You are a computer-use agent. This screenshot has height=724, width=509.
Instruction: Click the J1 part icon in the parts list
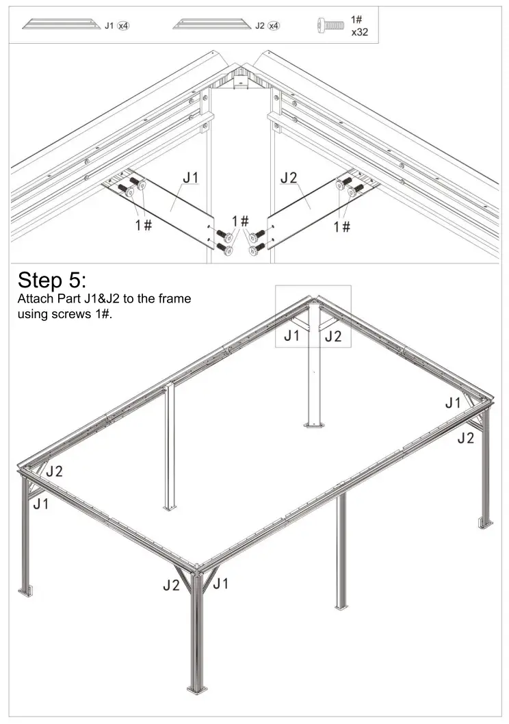(60, 25)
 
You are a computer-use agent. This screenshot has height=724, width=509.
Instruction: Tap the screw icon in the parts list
(330, 25)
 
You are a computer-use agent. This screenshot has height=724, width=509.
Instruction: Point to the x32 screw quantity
(360, 31)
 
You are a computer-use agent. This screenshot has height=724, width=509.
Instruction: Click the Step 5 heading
(52, 279)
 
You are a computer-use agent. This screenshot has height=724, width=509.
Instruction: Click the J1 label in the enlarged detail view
(191, 178)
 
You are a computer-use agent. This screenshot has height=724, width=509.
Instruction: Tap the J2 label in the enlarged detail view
(289, 178)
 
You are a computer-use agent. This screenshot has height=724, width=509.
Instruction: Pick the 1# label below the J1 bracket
(143, 225)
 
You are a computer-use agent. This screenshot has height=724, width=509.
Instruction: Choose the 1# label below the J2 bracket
(342, 226)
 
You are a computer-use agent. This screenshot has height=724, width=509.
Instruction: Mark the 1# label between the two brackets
(239, 220)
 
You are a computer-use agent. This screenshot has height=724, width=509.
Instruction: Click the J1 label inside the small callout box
(292, 336)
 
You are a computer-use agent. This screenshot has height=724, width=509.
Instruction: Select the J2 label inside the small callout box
(332, 336)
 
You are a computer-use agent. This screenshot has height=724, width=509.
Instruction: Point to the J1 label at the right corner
(454, 403)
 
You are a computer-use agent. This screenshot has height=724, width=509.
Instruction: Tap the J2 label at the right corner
(465, 438)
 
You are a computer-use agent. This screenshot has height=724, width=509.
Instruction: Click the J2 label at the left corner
(55, 471)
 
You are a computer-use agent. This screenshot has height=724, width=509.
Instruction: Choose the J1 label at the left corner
(41, 504)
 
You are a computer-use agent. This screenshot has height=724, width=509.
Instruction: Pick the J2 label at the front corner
(171, 585)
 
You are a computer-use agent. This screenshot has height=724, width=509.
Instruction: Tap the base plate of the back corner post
(315, 425)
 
